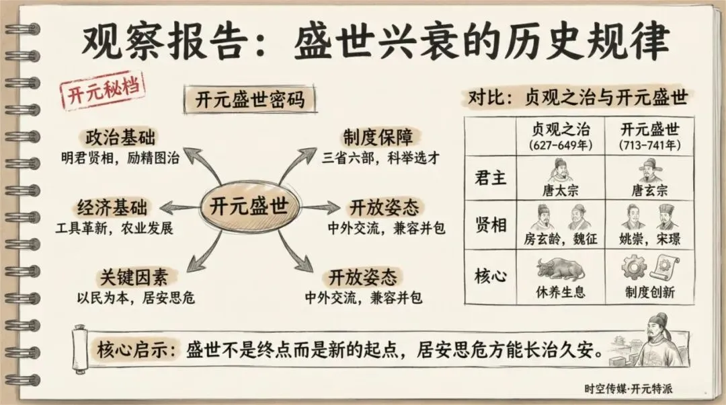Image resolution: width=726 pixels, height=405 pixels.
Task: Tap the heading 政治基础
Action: click(x=121, y=138)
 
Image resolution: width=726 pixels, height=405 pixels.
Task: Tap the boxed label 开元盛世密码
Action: click(x=249, y=100)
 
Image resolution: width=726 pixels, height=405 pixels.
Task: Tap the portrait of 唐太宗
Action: click(x=559, y=170)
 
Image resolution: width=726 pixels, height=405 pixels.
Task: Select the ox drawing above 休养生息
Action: click(x=559, y=269)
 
